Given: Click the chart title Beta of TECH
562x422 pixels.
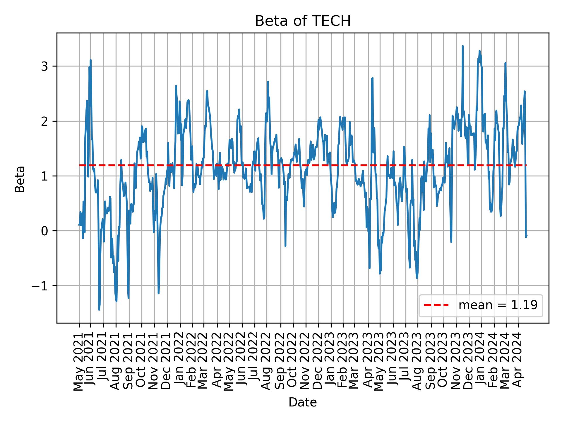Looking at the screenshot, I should tap(303, 21).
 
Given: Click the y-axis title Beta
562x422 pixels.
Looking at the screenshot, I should tap(20, 179).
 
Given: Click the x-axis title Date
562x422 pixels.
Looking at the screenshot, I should tap(303, 402).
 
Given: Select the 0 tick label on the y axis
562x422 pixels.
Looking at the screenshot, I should tap(44, 231).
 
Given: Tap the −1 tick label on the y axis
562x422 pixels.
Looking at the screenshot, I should tap(40, 286).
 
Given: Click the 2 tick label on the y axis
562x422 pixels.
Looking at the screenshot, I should tap(44, 121).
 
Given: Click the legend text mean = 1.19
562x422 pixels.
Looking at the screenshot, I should tap(498, 305).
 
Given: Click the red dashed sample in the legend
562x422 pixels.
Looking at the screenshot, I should tap(436, 305).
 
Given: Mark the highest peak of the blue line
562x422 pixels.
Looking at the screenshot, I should tap(462, 46).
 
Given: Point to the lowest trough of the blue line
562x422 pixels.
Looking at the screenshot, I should tap(99, 309).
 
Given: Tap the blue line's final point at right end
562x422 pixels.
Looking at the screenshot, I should tap(527, 236).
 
